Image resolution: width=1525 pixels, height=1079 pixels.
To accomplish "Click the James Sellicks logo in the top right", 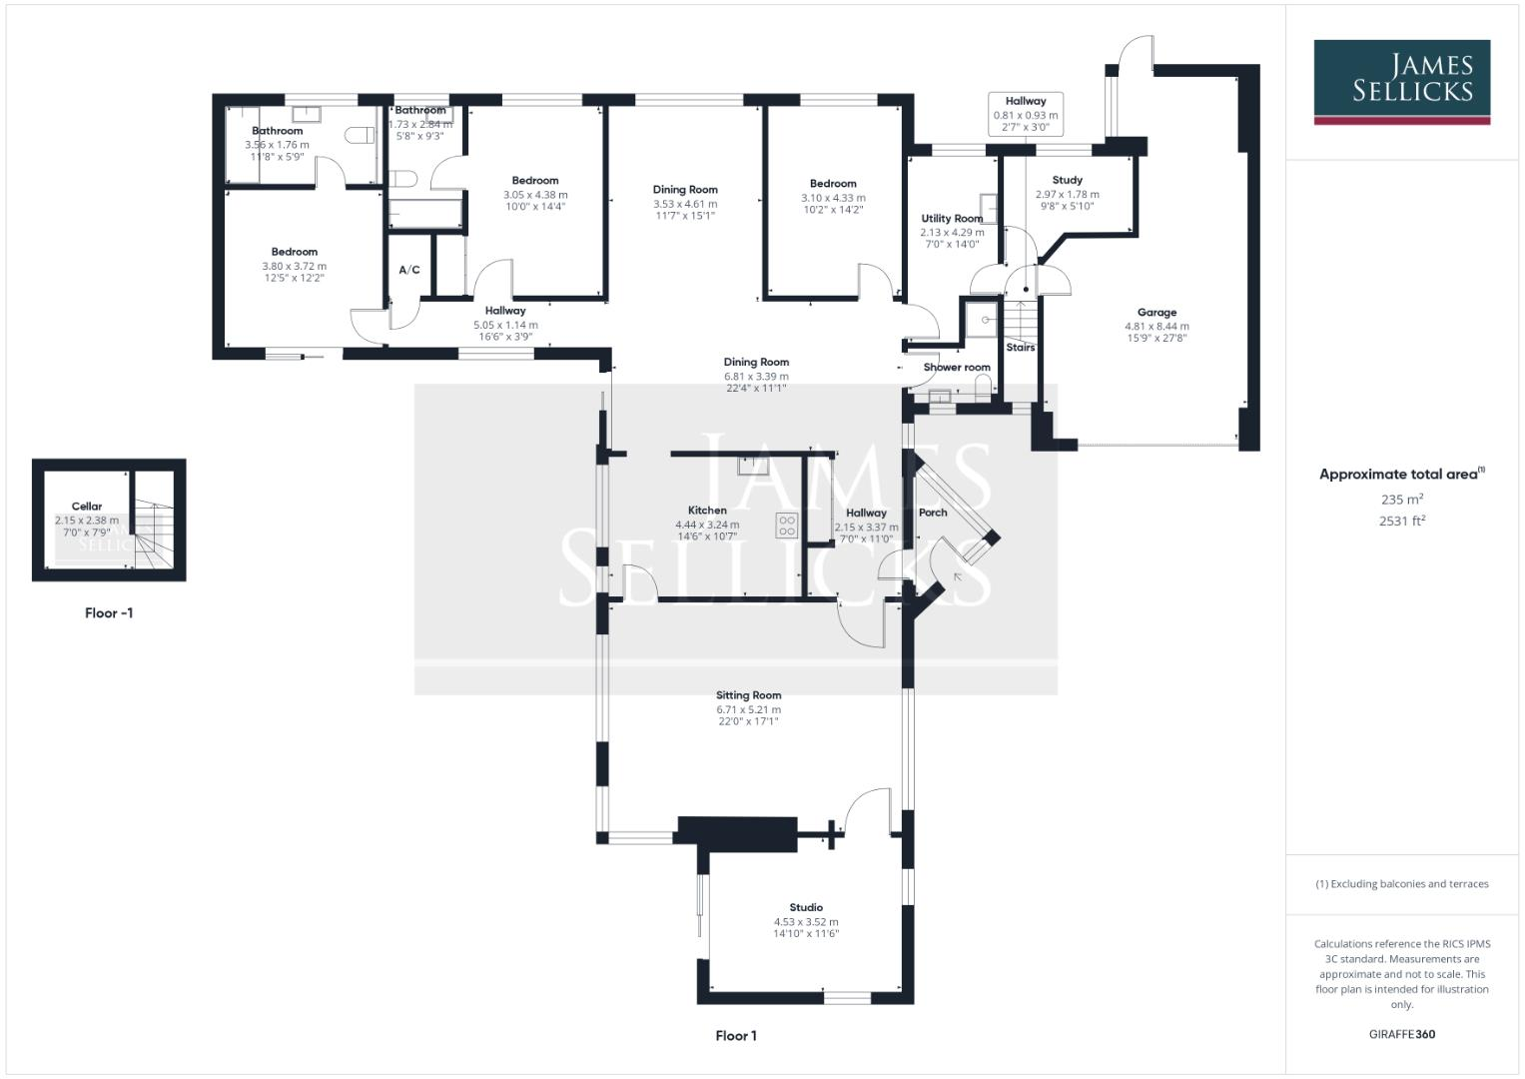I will [1401, 81].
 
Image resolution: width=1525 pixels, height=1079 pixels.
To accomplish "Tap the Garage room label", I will [1156, 313].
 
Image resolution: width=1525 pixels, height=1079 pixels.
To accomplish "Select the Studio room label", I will [805, 908].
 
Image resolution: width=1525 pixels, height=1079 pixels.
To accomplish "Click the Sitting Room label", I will [748, 695].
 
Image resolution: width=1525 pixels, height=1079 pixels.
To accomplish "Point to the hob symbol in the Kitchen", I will [786, 526].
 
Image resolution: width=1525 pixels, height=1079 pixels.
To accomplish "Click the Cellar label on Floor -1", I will [87, 507].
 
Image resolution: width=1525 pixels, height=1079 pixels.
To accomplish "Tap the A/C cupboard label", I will [409, 270].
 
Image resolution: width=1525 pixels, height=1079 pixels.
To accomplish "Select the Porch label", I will [933, 513].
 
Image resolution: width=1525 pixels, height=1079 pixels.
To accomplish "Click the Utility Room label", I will [952, 219].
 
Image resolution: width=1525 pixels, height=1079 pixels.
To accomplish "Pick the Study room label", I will [1067, 181].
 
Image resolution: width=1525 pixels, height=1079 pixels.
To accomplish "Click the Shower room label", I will [957, 368].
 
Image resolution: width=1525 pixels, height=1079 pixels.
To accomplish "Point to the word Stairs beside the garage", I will [1021, 348].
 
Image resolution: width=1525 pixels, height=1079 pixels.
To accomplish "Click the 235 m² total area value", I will [1401, 500].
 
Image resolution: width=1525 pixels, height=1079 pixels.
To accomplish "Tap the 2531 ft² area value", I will [1401, 521].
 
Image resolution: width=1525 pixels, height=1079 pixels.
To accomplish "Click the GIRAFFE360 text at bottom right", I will [1401, 1034].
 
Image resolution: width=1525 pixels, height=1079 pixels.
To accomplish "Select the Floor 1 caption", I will [736, 1036].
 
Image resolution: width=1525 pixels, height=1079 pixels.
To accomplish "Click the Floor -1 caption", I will [109, 613].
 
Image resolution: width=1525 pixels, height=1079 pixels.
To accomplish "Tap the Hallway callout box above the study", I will [1026, 114].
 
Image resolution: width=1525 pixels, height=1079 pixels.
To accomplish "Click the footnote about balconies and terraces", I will [1401, 884].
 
